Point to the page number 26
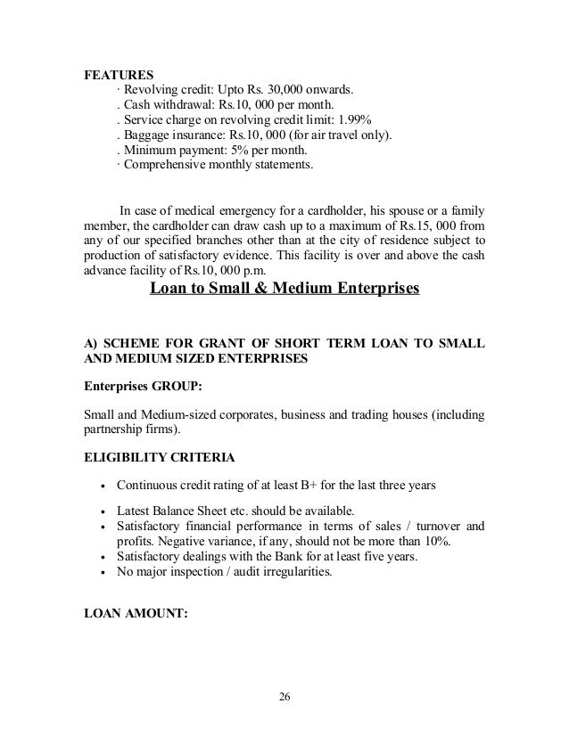point(284,694)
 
